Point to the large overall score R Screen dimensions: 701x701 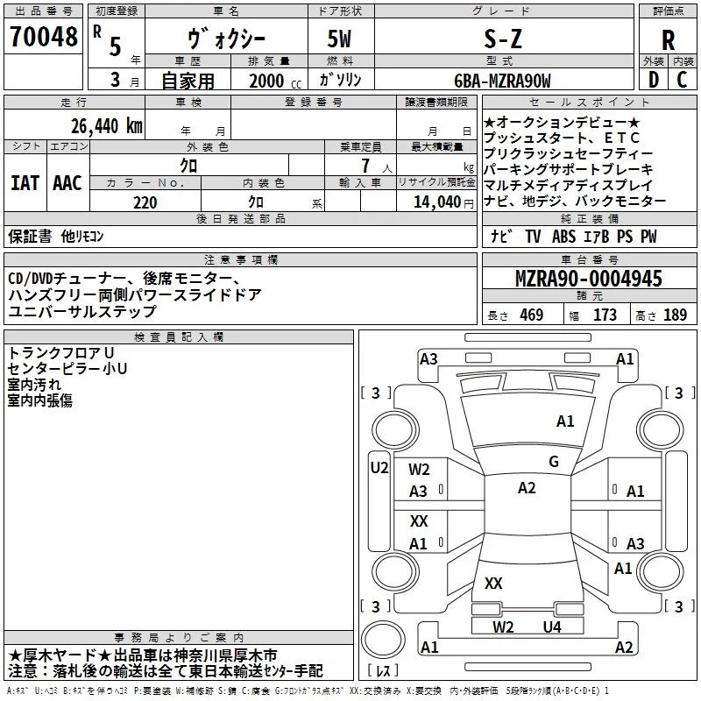[x=669, y=39]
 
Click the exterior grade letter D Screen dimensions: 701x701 [x=652, y=80]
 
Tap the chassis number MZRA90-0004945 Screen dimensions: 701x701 [x=588, y=279]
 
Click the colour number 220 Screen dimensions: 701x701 [x=145, y=202]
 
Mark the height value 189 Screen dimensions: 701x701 [x=675, y=315]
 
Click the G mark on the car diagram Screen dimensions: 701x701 [x=554, y=462]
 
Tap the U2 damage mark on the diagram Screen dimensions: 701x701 [x=379, y=468]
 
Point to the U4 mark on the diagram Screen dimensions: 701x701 [x=551, y=627]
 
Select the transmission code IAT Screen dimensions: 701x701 [x=25, y=183]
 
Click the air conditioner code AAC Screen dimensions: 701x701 [x=67, y=183]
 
